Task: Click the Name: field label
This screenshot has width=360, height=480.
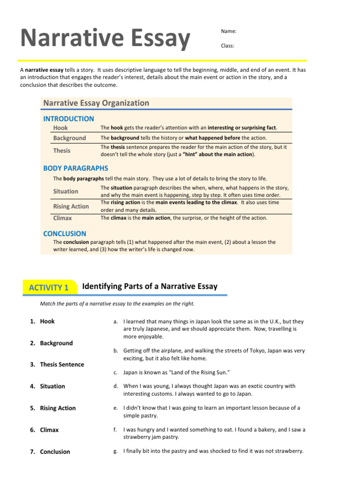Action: click(228, 31)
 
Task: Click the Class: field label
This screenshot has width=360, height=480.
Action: click(227, 46)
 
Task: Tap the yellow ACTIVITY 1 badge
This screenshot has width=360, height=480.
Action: click(49, 288)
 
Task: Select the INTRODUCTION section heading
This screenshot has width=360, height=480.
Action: click(68, 119)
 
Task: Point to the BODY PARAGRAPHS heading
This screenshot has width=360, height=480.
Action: click(75, 168)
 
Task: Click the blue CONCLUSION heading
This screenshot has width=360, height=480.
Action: click(65, 233)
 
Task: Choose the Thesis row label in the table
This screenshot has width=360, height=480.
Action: click(62, 150)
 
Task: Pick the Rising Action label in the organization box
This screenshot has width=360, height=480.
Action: click(71, 206)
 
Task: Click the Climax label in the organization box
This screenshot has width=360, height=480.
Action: click(62, 218)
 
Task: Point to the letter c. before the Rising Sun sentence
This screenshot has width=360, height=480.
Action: click(115, 372)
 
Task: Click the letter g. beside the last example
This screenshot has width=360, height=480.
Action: click(115, 451)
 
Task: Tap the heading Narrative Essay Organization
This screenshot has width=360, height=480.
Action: click(96, 103)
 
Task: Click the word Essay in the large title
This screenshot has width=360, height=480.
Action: click(151, 39)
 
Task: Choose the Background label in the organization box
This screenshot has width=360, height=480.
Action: click(69, 138)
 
